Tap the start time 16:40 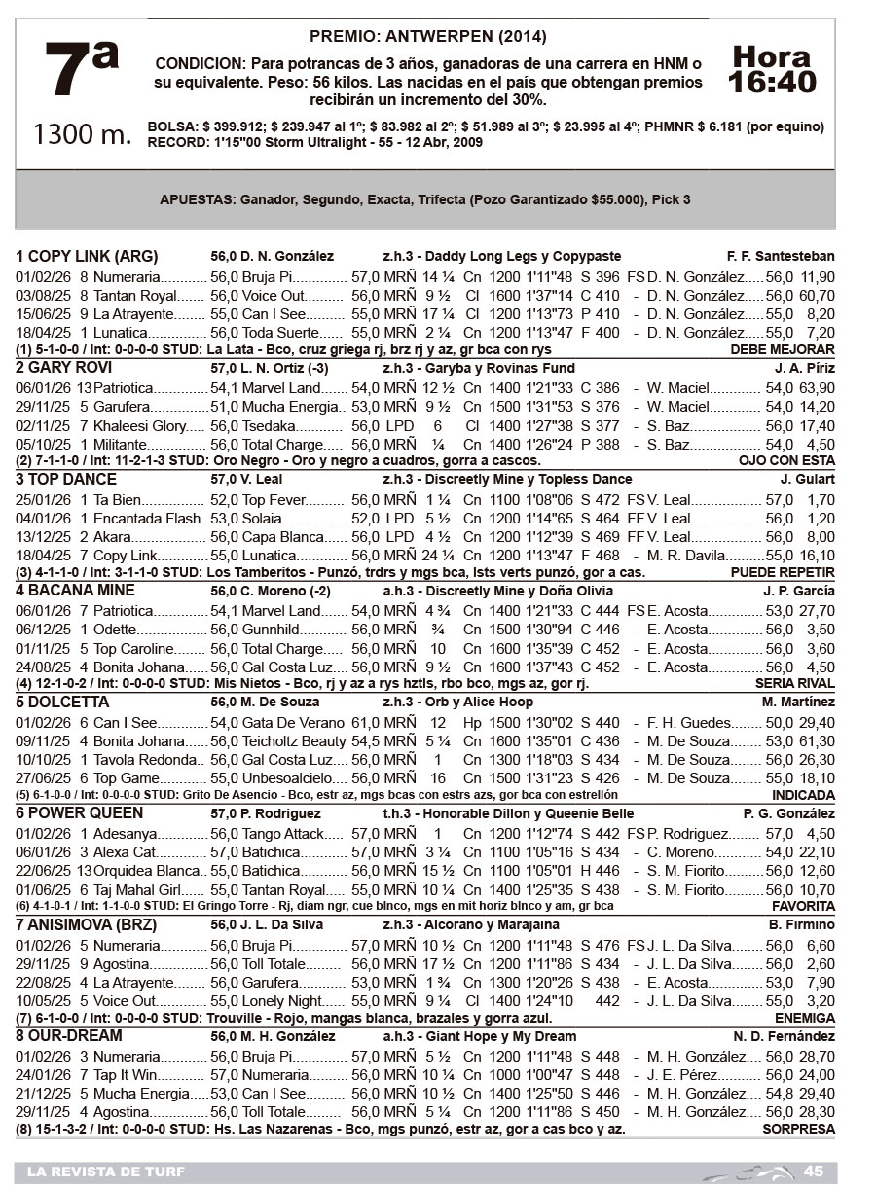772,82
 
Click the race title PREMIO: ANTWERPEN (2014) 427,37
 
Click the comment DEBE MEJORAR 782,349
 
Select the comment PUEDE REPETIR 782,572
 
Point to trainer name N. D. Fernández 784,1036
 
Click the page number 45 814,1171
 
